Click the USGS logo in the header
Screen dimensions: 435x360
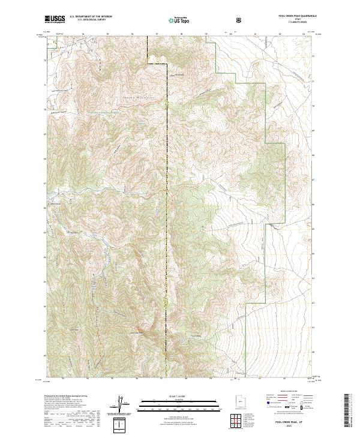click(55, 19)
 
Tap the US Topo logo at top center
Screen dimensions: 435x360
click(175, 19)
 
